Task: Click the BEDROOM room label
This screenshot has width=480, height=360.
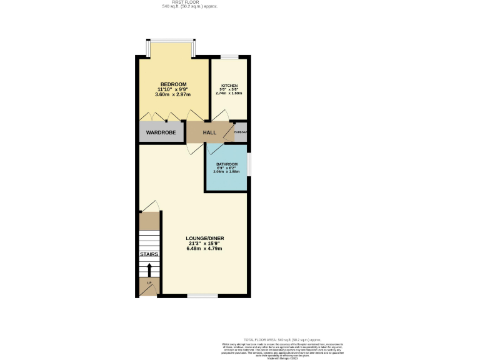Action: [x=173, y=84]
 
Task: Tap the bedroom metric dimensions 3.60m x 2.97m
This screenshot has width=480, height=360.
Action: [x=173, y=94]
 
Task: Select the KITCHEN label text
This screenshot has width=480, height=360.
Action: [x=229, y=86]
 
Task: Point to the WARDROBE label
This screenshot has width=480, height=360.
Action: [x=161, y=132]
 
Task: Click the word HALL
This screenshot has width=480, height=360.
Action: [x=209, y=132]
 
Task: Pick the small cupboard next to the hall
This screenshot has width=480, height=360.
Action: [x=240, y=132]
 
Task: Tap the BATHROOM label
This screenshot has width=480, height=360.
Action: [x=226, y=164]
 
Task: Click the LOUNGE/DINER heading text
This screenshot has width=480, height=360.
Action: [x=204, y=239]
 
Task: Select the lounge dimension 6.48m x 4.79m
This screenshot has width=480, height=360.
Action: [x=204, y=249]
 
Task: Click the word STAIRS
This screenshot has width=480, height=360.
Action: [x=149, y=255]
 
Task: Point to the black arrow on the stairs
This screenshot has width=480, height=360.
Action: [x=149, y=269]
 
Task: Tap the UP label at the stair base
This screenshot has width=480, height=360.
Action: [x=149, y=284]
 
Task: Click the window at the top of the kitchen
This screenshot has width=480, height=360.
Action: [x=229, y=57]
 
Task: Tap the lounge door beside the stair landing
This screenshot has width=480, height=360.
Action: [x=151, y=206]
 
